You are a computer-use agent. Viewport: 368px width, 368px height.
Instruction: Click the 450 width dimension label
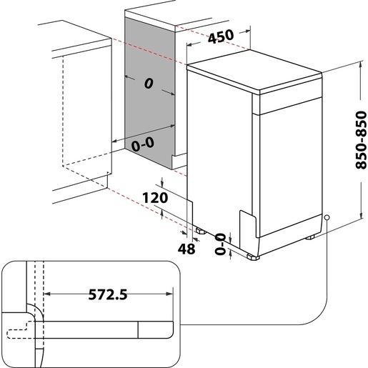(219, 38)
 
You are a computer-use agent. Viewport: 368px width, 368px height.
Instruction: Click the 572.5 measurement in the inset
(107, 293)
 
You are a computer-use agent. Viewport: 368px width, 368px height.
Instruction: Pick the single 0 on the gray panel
(149, 84)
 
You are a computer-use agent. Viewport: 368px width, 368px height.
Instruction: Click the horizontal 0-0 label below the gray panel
(143, 144)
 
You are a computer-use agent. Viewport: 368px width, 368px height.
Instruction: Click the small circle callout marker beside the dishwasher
(326, 217)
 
